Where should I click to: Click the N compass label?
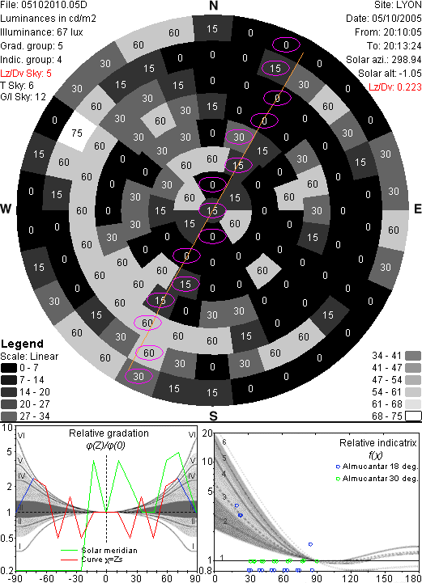point(213,6)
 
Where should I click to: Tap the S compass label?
point(213,416)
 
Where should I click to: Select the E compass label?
point(417,209)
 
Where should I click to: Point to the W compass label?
point(6,209)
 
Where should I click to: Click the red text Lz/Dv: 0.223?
point(395,87)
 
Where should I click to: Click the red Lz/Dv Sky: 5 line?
point(26,74)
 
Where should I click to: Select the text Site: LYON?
point(398,5)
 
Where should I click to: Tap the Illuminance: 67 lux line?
point(41,32)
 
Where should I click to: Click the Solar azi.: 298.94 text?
point(384,60)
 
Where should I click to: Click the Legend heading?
point(23,344)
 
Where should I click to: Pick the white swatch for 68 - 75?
point(413,416)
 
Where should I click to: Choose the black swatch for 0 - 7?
point(9,368)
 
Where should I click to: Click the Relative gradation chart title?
point(109,433)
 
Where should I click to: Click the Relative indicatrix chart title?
point(377,443)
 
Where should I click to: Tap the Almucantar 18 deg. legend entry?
point(377,467)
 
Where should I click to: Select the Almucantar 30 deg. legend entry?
point(377,479)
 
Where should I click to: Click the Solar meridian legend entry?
point(100,551)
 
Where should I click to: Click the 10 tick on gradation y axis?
point(7,428)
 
